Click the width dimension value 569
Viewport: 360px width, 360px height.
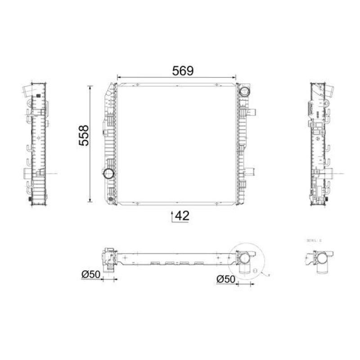pos(182,70)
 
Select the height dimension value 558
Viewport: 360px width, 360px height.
pos(84,135)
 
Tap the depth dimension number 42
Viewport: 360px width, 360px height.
pos(182,216)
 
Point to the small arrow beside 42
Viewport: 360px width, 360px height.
pos(172,216)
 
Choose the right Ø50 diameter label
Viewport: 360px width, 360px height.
pos(225,279)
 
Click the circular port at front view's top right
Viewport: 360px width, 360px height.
pos(244,91)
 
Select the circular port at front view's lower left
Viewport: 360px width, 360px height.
pos(109,174)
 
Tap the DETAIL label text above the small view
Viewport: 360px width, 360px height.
pos(314,241)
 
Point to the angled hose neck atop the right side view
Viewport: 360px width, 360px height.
pos(329,91)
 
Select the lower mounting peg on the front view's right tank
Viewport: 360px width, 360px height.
pos(252,171)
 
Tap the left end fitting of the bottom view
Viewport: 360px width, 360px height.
pos(108,260)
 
